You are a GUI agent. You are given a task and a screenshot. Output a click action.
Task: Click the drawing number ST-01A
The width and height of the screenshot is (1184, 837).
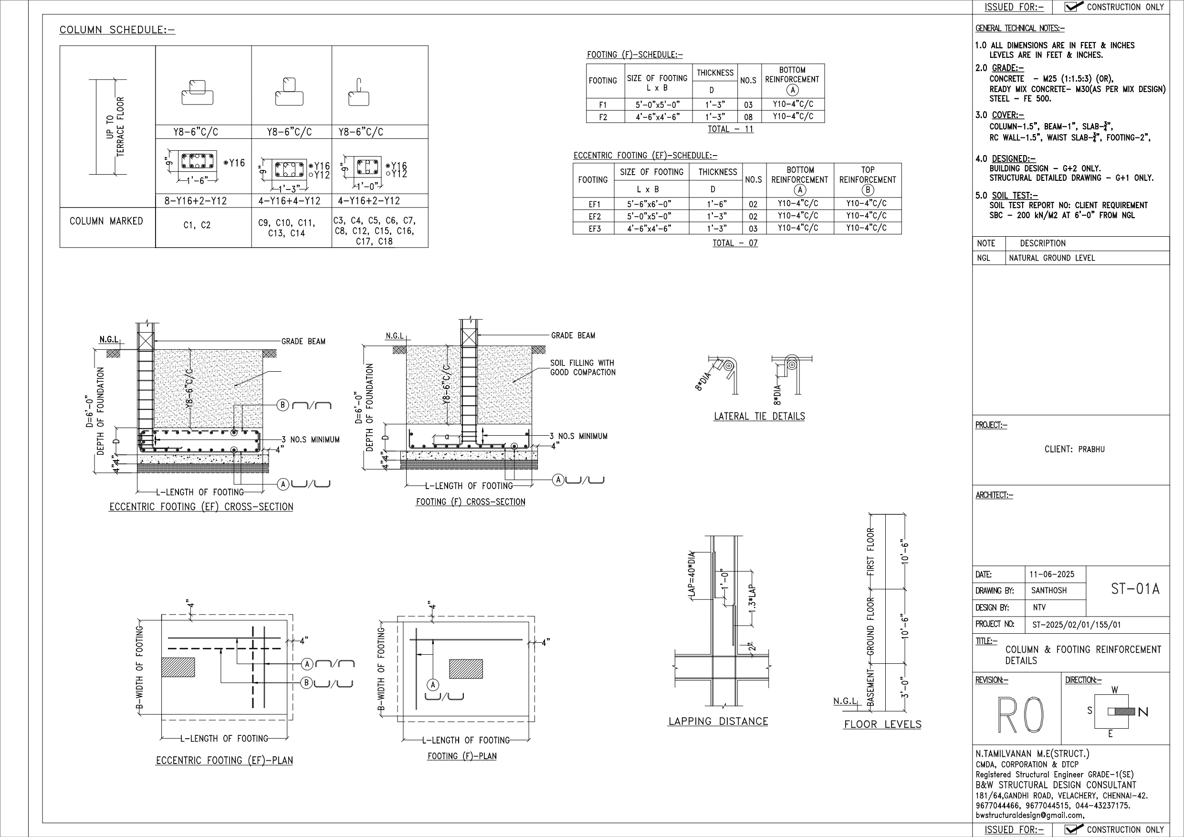tap(1134, 589)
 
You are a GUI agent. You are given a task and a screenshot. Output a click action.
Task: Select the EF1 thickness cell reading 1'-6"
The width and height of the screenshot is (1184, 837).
tap(717, 204)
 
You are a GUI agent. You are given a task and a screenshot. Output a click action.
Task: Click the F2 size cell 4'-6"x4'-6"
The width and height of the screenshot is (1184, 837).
tap(657, 117)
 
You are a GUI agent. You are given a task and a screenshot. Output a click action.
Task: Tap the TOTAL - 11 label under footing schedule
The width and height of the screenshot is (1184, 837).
tap(730, 129)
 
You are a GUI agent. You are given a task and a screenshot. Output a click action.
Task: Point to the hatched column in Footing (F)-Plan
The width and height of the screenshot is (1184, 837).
tap(466, 669)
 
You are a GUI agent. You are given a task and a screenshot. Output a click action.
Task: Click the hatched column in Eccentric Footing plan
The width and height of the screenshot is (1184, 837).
tap(178, 667)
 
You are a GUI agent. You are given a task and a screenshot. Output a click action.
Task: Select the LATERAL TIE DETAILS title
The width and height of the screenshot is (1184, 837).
tap(759, 416)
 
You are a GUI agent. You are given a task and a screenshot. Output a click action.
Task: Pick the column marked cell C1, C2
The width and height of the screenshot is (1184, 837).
tap(197, 225)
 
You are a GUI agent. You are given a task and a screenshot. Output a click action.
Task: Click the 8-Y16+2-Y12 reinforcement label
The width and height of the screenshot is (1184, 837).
tap(196, 201)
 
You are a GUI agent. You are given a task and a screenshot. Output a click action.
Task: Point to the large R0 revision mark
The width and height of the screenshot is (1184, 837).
tap(1020, 715)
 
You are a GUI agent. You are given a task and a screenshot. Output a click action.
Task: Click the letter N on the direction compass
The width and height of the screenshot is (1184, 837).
tap(1143, 712)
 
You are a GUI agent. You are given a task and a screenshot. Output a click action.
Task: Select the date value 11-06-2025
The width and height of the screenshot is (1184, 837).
tap(1051, 575)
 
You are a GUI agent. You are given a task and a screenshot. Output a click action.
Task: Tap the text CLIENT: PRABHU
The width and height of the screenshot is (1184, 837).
tap(1075, 449)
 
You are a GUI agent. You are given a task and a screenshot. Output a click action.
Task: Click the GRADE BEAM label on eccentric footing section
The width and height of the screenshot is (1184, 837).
tap(303, 341)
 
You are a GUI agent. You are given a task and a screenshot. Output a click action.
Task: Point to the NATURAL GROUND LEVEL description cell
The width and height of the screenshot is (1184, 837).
tap(1051, 258)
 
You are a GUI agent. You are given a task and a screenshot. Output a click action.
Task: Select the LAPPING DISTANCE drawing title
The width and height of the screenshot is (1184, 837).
tap(718, 722)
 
